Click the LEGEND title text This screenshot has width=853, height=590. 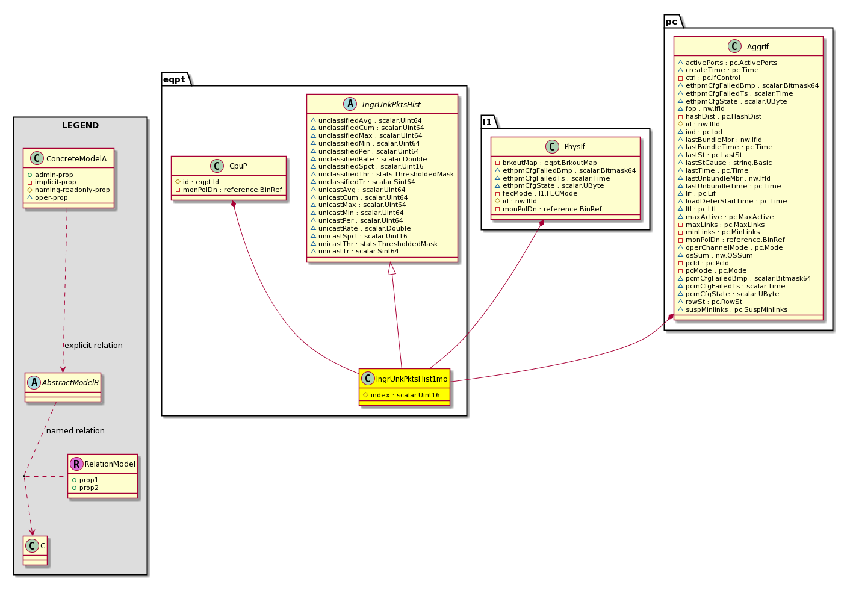point(80,125)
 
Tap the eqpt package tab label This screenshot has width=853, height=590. point(174,79)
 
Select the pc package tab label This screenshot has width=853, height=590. point(671,22)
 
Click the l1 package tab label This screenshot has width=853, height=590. point(487,122)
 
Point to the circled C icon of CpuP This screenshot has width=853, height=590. point(217,166)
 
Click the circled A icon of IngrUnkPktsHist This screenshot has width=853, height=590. point(350,104)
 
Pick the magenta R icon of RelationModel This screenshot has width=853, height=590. point(76,464)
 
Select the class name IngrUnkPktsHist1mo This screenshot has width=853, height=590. point(412,379)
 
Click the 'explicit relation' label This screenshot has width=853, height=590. point(94,346)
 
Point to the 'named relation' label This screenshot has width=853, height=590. point(75,431)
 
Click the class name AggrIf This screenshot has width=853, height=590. point(757,47)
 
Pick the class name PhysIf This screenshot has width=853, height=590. point(575,147)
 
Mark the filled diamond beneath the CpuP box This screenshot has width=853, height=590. point(234,205)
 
